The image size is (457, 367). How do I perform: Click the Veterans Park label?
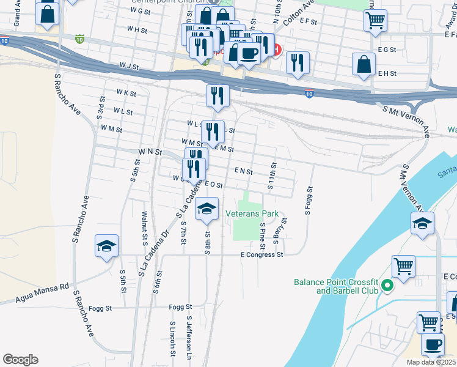(x=252, y=213)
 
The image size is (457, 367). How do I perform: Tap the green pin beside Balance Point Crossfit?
(x=386, y=285)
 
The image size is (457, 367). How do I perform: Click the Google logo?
(x=21, y=359)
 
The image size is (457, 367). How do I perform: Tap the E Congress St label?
(x=262, y=254)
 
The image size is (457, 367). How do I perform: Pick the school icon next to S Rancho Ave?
(x=107, y=245)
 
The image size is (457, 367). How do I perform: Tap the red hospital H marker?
(x=277, y=50)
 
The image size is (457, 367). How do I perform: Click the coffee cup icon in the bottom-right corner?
(x=433, y=344)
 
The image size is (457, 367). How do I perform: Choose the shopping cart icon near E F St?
(x=375, y=20)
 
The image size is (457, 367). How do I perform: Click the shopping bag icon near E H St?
(x=364, y=64)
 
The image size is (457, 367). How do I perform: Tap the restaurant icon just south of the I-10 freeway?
(x=217, y=95)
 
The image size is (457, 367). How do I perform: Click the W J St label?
(x=130, y=64)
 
